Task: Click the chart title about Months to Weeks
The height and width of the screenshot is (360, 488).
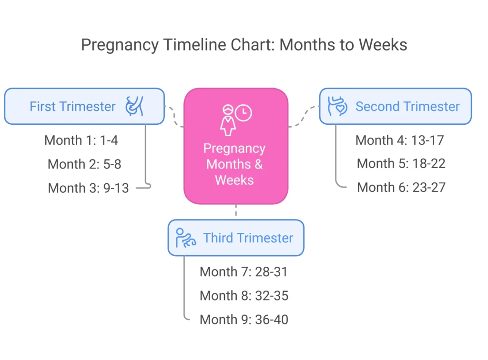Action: (x=244, y=45)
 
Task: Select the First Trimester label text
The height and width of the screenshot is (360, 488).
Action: (x=72, y=106)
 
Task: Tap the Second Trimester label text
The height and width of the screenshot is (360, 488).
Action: (x=407, y=106)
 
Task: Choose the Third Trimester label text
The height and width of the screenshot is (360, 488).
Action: (x=248, y=238)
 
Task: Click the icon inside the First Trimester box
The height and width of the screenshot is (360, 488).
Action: (x=134, y=106)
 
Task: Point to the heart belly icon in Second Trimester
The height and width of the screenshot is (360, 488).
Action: (x=337, y=106)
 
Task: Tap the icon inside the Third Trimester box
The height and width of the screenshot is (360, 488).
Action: (x=185, y=238)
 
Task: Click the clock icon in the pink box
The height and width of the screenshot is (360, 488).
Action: (x=244, y=113)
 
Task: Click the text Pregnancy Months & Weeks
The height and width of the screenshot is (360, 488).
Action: (x=234, y=164)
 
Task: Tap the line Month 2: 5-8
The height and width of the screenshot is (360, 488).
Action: (x=84, y=164)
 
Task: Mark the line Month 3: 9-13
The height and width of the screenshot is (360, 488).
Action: (x=88, y=188)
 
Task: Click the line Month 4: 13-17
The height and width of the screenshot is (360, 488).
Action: (x=399, y=140)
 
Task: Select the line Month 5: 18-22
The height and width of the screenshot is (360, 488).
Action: (x=401, y=163)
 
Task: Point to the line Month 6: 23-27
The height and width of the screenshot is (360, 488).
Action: (x=401, y=187)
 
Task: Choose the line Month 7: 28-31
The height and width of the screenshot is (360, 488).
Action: (x=244, y=271)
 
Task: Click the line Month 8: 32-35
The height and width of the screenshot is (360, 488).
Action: (x=244, y=295)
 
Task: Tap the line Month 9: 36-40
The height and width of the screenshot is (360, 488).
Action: (x=244, y=319)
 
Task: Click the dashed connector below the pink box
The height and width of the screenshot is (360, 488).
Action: (x=236, y=211)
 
